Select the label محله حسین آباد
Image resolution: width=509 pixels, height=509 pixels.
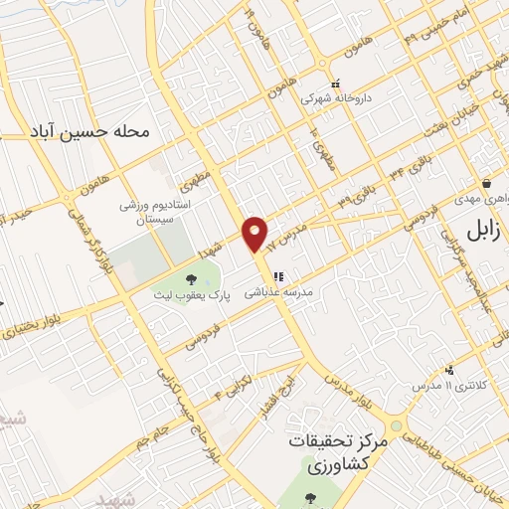point(103,130)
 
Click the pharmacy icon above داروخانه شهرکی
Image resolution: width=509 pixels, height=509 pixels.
point(335,84)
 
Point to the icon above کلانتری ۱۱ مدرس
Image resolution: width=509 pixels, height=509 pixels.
point(449,369)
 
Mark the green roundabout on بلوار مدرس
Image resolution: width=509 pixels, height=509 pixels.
point(397,425)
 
